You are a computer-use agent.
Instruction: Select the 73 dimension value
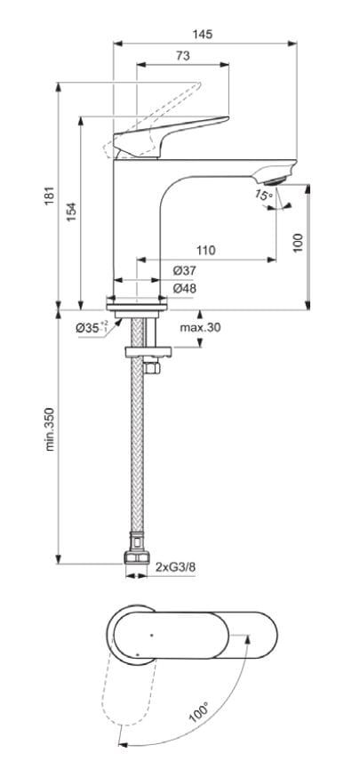182,56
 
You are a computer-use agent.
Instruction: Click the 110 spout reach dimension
205,252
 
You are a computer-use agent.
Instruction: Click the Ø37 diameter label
184,270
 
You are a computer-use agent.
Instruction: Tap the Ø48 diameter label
184,289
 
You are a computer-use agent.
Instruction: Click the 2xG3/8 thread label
174,566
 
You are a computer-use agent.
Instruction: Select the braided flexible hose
137,445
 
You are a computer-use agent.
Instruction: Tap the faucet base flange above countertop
136,304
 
